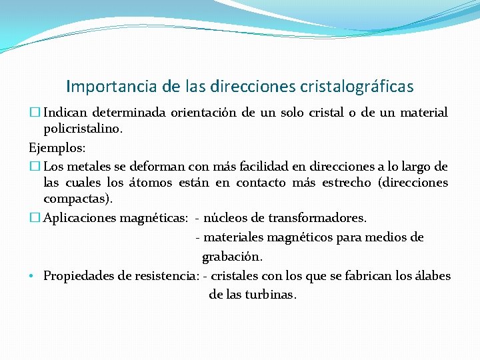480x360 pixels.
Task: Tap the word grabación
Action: (232, 257)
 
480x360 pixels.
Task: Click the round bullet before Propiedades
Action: (33, 276)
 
